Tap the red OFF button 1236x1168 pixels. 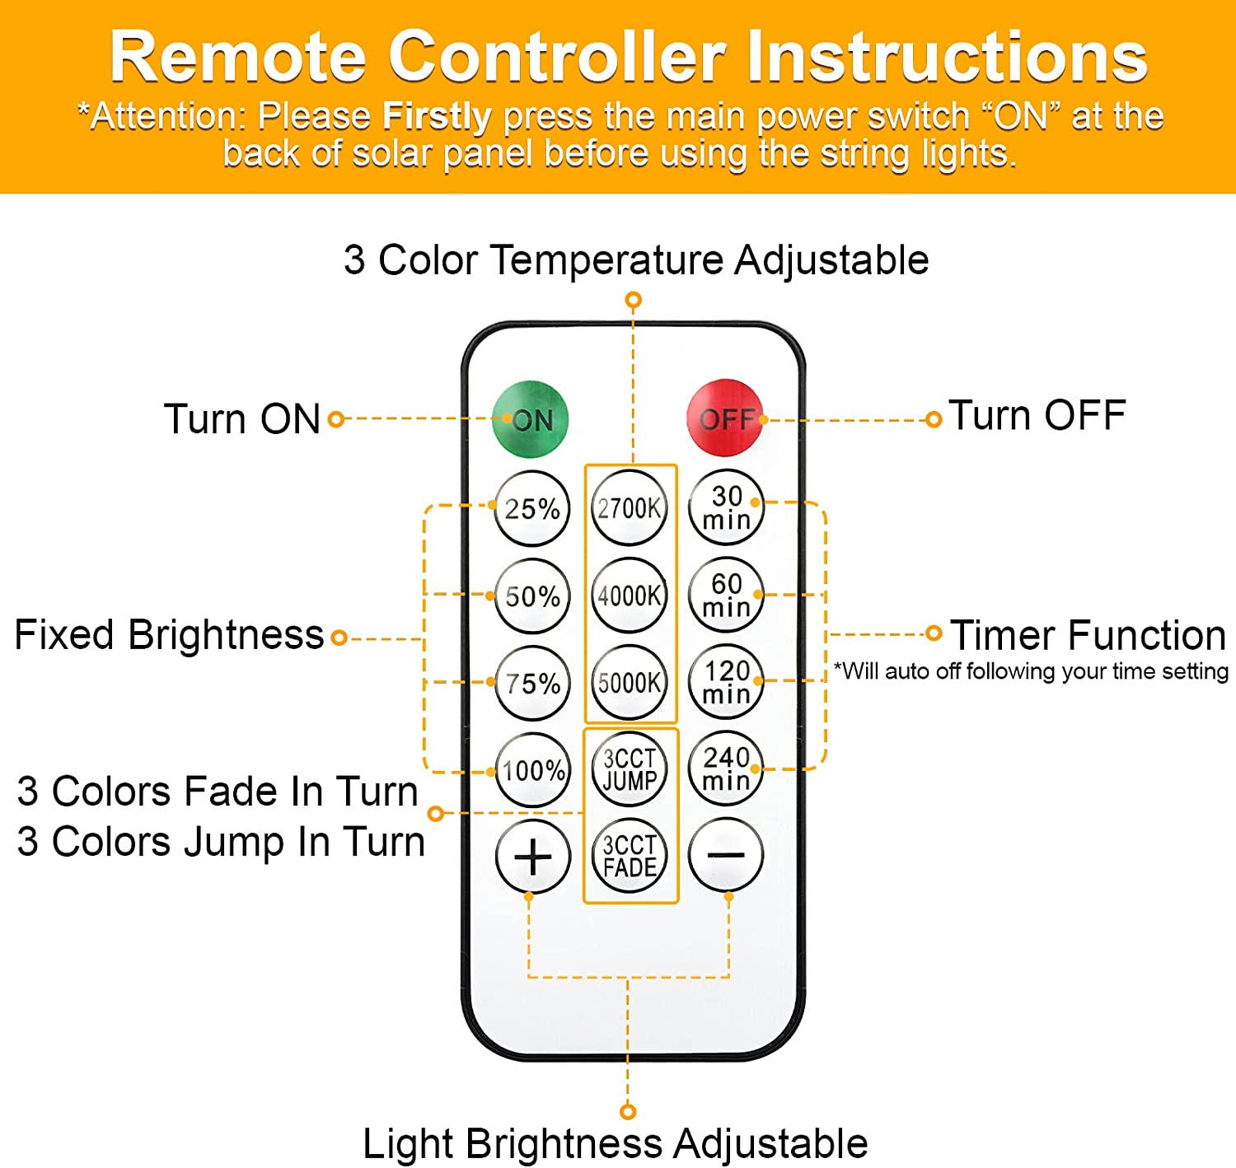click(725, 418)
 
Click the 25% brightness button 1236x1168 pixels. click(532, 508)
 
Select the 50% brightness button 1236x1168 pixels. click(532, 596)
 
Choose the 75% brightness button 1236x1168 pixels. click(532, 683)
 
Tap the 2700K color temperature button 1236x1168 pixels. click(630, 508)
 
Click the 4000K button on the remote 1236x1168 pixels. click(630, 596)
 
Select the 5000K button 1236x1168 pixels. click(630, 683)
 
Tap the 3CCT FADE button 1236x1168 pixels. click(630, 857)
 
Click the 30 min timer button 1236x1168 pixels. click(726, 507)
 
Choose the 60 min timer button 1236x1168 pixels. click(726, 595)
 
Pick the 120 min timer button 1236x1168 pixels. click(726, 682)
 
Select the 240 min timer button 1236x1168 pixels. click(726, 769)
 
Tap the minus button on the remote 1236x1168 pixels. click(726, 855)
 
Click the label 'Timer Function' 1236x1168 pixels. click(1088, 635)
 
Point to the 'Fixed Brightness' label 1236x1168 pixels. click(169, 635)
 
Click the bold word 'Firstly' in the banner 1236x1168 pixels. click(437, 117)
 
